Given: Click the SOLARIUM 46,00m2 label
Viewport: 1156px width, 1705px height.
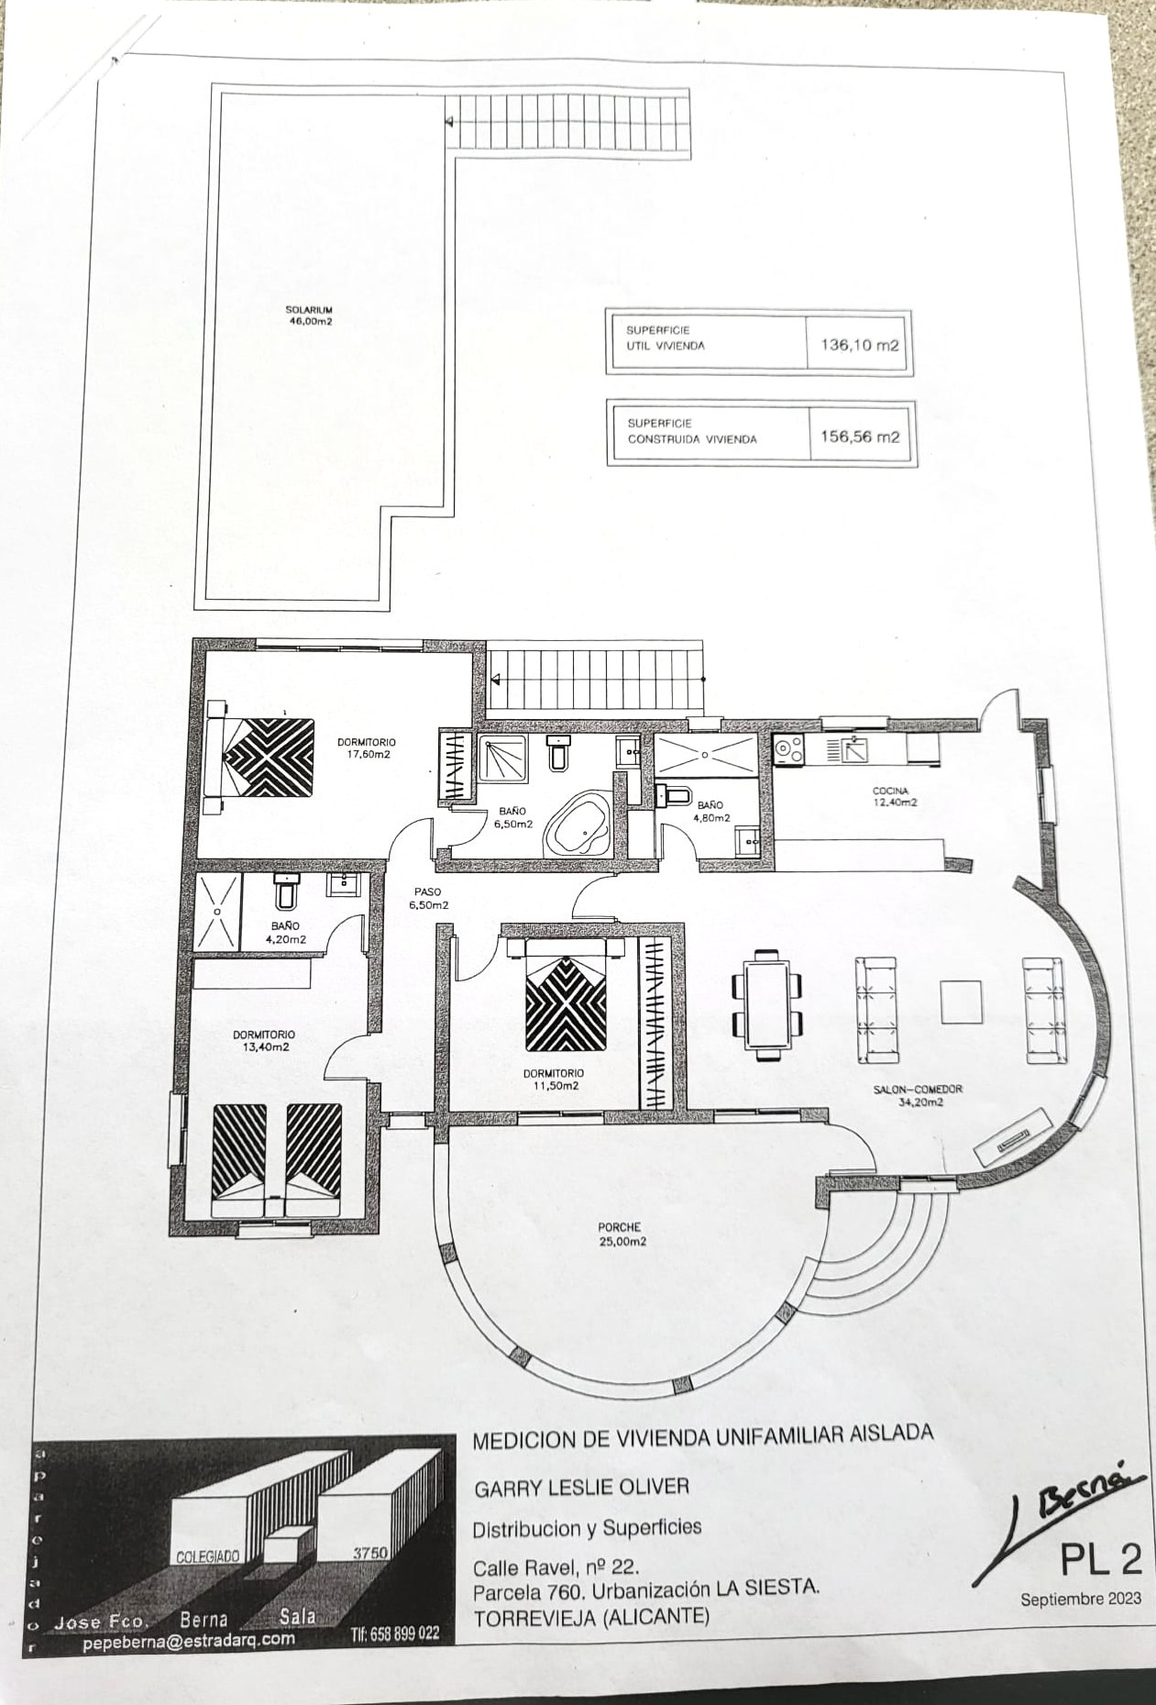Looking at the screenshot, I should tap(308, 316).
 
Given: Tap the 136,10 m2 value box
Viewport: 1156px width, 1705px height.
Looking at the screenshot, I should tap(858, 346).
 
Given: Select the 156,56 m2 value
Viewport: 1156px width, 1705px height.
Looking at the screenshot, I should tap(860, 437).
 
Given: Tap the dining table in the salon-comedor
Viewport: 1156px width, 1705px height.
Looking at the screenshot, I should tap(768, 1004).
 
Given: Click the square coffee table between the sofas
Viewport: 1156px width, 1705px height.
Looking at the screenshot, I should tap(961, 1002).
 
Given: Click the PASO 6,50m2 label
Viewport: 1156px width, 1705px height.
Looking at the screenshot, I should tap(428, 897).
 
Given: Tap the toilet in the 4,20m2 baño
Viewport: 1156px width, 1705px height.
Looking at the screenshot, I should tap(286, 890).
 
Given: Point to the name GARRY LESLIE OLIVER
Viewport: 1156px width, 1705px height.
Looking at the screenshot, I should tap(580, 1487).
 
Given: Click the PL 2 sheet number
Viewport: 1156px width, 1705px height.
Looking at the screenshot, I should tap(1100, 1558).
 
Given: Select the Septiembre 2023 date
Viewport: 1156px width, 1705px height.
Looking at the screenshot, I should tap(1081, 1598).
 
